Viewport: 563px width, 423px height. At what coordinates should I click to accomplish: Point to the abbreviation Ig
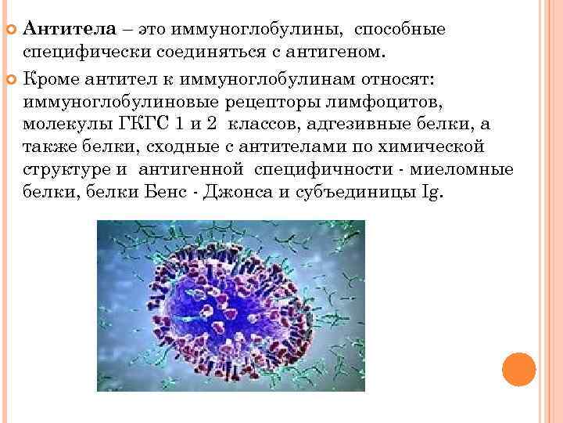tap(432, 193)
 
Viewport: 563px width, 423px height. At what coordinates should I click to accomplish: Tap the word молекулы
tap(61, 125)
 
